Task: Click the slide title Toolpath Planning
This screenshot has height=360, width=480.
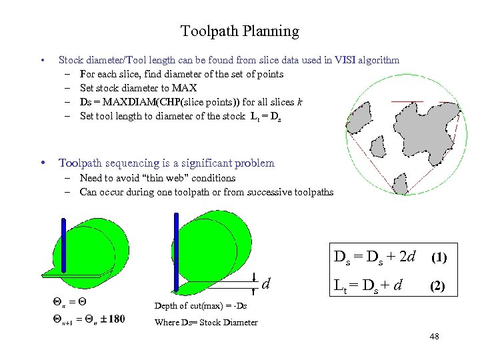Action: [x=239, y=31]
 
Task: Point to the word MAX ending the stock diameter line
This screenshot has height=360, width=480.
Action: [x=185, y=88]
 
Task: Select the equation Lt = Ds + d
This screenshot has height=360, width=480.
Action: [x=367, y=287]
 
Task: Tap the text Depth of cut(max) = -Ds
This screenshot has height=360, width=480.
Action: [x=200, y=305]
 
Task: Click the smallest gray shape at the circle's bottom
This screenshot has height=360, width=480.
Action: [x=401, y=183]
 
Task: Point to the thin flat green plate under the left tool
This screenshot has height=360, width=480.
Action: [x=73, y=273]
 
